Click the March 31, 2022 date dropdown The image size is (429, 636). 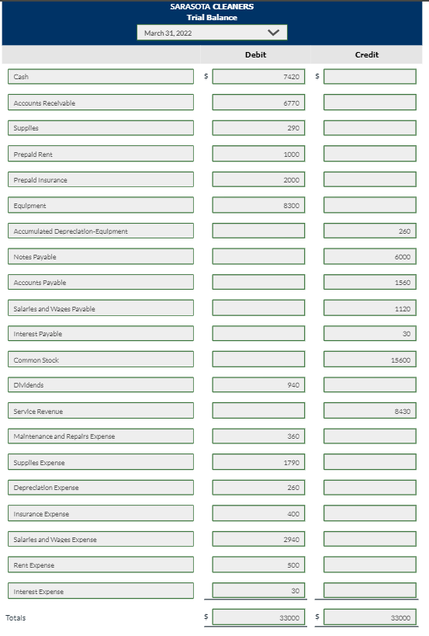(x=212, y=33)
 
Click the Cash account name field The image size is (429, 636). (x=102, y=77)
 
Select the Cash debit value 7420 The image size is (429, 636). (x=258, y=77)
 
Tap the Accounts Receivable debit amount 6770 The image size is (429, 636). (x=258, y=103)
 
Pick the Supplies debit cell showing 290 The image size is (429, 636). (x=258, y=128)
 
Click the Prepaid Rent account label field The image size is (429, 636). (x=102, y=154)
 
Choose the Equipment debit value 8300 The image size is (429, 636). (x=258, y=206)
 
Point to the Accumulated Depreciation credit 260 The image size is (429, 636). (x=370, y=231)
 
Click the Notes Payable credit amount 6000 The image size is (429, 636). (x=370, y=257)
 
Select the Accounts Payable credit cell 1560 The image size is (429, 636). (x=370, y=283)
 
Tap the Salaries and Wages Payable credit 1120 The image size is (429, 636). (x=370, y=308)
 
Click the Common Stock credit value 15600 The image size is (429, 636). (x=370, y=360)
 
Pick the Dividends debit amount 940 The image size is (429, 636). (x=258, y=385)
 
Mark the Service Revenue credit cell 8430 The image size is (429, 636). (x=370, y=411)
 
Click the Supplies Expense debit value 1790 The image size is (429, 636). (x=258, y=463)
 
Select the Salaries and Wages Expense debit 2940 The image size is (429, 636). (x=258, y=540)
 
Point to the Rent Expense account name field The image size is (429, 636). (x=102, y=565)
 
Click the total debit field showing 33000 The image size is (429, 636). (x=258, y=618)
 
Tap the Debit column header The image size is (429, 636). (x=255, y=54)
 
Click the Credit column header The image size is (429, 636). (x=367, y=54)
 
